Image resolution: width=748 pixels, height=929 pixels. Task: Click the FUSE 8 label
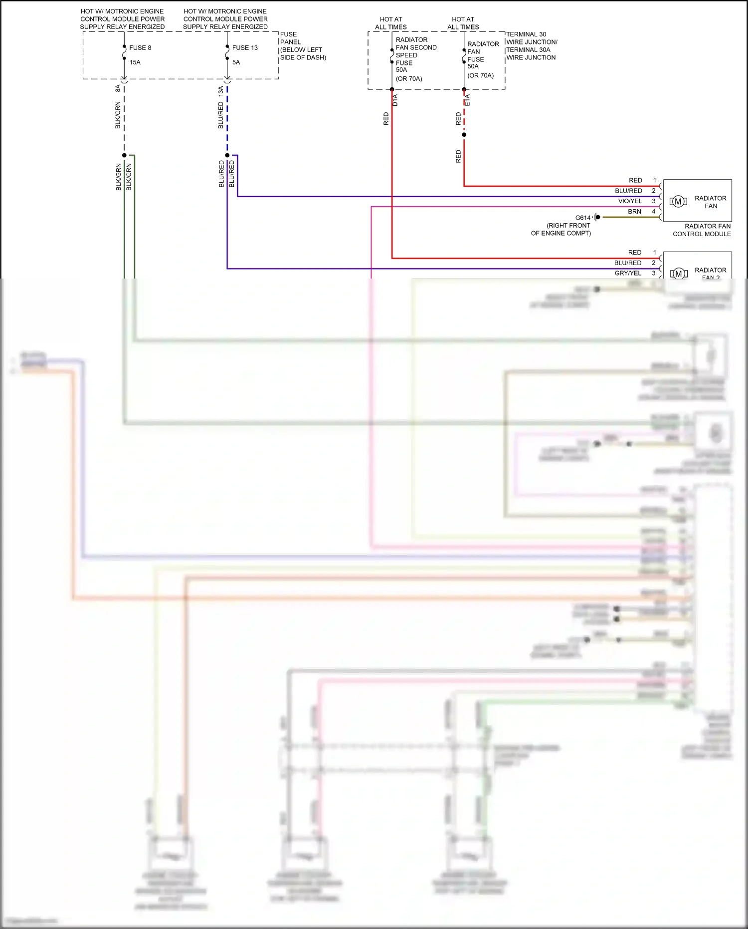pyautogui.click(x=140, y=48)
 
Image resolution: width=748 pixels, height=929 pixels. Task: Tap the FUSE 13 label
pyautogui.click(x=245, y=48)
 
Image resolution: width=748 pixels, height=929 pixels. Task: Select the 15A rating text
pyautogui.click(x=135, y=62)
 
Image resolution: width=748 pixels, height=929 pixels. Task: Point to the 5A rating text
pyautogui.click(x=236, y=62)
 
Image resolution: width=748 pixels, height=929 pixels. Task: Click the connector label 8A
pyautogui.click(x=118, y=88)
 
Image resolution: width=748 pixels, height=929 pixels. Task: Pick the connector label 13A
pyautogui.click(x=220, y=90)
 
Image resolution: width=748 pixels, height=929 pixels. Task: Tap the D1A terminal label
pyautogui.click(x=395, y=100)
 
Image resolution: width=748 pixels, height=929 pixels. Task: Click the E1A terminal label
pyautogui.click(x=467, y=100)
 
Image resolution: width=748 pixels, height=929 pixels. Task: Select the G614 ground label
pyautogui.click(x=582, y=218)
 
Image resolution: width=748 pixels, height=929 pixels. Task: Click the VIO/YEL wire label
pyautogui.click(x=630, y=201)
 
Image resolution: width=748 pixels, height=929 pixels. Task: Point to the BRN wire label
pyautogui.click(x=634, y=212)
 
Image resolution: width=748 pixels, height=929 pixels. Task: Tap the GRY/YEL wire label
pyautogui.click(x=628, y=273)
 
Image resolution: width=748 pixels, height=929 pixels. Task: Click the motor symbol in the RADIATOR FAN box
pyautogui.click(x=678, y=202)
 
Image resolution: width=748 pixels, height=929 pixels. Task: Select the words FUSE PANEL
pyautogui.click(x=290, y=38)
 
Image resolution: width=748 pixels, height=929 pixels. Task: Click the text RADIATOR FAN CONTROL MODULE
pyautogui.click(x=702, y=230)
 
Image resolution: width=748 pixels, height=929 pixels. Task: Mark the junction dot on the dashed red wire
pyautogui.click(x=464, y=135)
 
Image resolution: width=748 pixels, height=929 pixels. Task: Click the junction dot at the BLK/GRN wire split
pyautogui.click(x=124, y=155)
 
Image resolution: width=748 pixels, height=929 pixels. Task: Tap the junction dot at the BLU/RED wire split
pyautogui.click(x=227, y=155)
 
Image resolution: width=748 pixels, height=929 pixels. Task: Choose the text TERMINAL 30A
pyautogui.click(x=528, y=50)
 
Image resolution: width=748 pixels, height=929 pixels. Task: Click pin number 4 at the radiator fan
pyautogui.click(x=654, y=212)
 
